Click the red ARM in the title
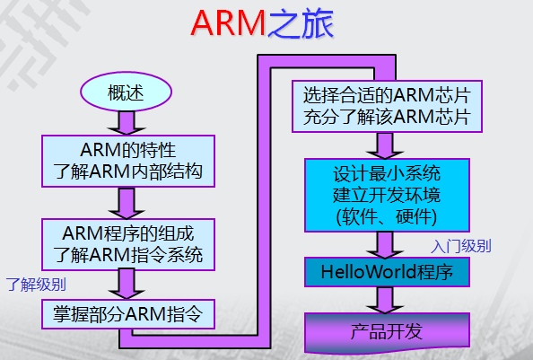point(228,23)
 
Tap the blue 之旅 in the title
point(301,24)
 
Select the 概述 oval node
point(127,92)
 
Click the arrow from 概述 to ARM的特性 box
point(127,123)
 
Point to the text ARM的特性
point(127,150)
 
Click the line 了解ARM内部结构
point(127,171)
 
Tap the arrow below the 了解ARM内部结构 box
point(127,203)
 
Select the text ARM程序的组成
point(127,233)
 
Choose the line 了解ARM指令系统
point(127,255)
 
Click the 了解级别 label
point(36,285)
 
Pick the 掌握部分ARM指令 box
point(128,314)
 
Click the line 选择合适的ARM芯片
point(387,95)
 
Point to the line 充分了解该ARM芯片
point(387,117)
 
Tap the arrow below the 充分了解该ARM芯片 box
point(385,145)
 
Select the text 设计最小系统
point(387,173)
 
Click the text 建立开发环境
point(387,195)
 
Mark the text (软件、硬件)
point(387,217)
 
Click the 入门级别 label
point(461,246)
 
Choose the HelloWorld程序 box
point(387,272)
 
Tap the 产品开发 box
point(387,332)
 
